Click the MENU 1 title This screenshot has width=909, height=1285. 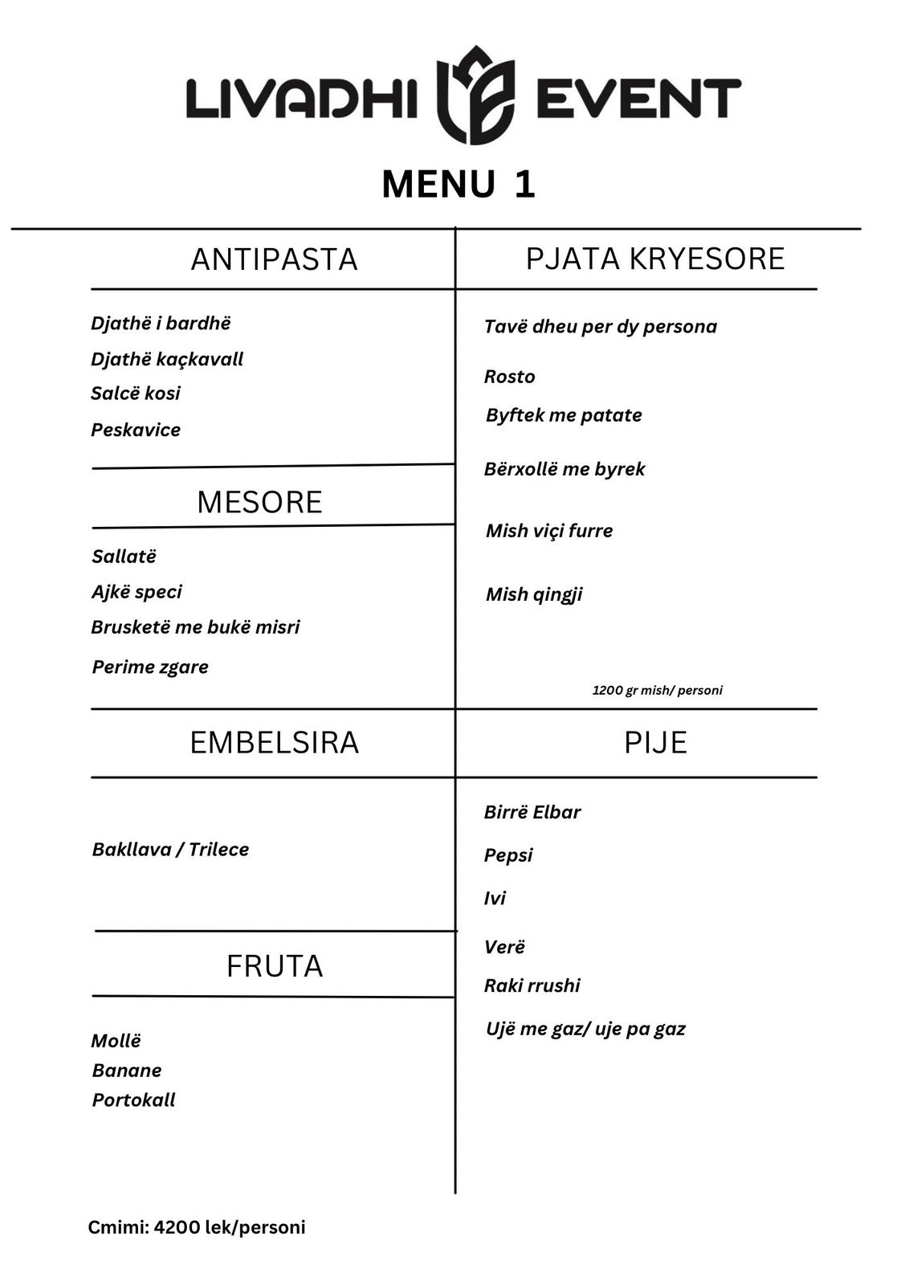coord(459,184)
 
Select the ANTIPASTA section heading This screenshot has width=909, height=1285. coord(274,259)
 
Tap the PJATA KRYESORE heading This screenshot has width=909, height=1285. coord(654,259)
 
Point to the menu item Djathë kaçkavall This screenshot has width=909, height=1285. coord(167,359)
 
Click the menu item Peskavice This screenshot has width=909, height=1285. coord(136,430)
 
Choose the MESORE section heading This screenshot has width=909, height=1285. coord(259,502)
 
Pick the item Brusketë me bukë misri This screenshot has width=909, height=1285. coord(195,627)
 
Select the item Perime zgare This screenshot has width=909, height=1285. coord(150,667)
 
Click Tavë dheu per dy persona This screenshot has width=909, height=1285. coord(600,326)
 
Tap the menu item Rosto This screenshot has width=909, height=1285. coord(509,377)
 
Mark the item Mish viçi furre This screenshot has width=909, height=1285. coord(549,531)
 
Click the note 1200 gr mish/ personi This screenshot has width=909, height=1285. coord(657,690)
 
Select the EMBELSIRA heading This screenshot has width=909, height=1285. coord(274,742)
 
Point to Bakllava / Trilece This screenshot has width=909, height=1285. coord(170,850)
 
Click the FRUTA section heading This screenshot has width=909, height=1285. coord(275,965)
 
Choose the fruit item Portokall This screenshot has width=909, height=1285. coord(133,1100)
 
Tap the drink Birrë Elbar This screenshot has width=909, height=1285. coord(532,812)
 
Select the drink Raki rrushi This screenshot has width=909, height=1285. coord(532,985)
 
